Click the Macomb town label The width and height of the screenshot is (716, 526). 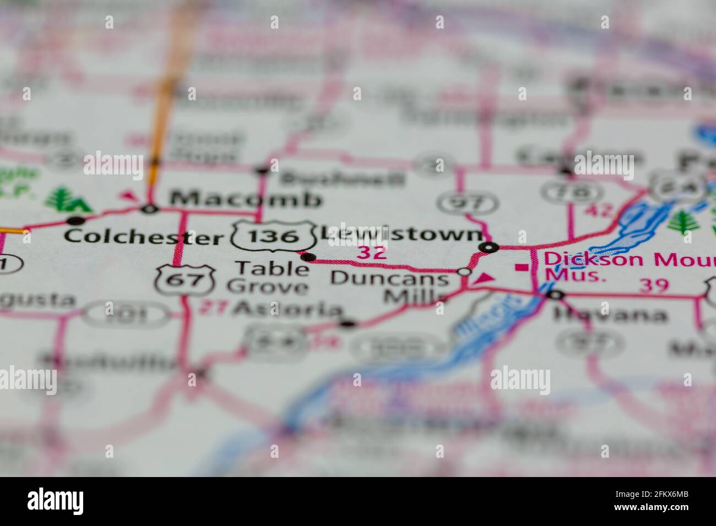[x=245, y=199]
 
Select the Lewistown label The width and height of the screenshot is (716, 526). [x=401, y=234]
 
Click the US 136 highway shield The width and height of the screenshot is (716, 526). [x=274, y=236]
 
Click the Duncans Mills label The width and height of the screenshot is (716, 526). [x=390, y=287]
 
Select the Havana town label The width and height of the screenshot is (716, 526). [x=609, y=315]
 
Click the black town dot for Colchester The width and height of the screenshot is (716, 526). [x=73, y=221]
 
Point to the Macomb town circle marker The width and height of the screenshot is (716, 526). [x=149, y=209]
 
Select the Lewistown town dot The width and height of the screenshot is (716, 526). [x=488, y=248]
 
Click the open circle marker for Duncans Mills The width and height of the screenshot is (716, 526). [x=465, y=272]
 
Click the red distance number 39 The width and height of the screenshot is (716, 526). [x=654, y=285]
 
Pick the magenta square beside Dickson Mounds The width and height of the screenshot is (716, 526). [x=520, y=268]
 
